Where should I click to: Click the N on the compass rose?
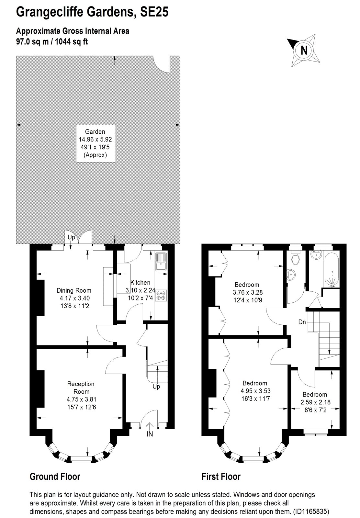pos(304,50)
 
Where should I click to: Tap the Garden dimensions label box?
pos(96,143)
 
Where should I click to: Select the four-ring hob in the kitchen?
pos(161,295)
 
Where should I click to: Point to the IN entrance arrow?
pos(150,426)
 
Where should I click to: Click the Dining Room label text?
pos(74,290)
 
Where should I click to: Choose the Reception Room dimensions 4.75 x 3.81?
pos(81,399)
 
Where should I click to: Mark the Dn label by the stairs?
pos(302,322)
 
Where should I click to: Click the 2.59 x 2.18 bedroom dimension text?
pos(315,402)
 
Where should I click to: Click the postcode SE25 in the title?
pos(154,12)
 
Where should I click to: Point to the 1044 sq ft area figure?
pos(71,42)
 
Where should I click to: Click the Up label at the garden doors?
pos(71,237)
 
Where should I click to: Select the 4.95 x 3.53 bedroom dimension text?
pos(255,390)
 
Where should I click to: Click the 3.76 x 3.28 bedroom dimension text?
pos(247,292)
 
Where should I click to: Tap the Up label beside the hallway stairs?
pos(156,387)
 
